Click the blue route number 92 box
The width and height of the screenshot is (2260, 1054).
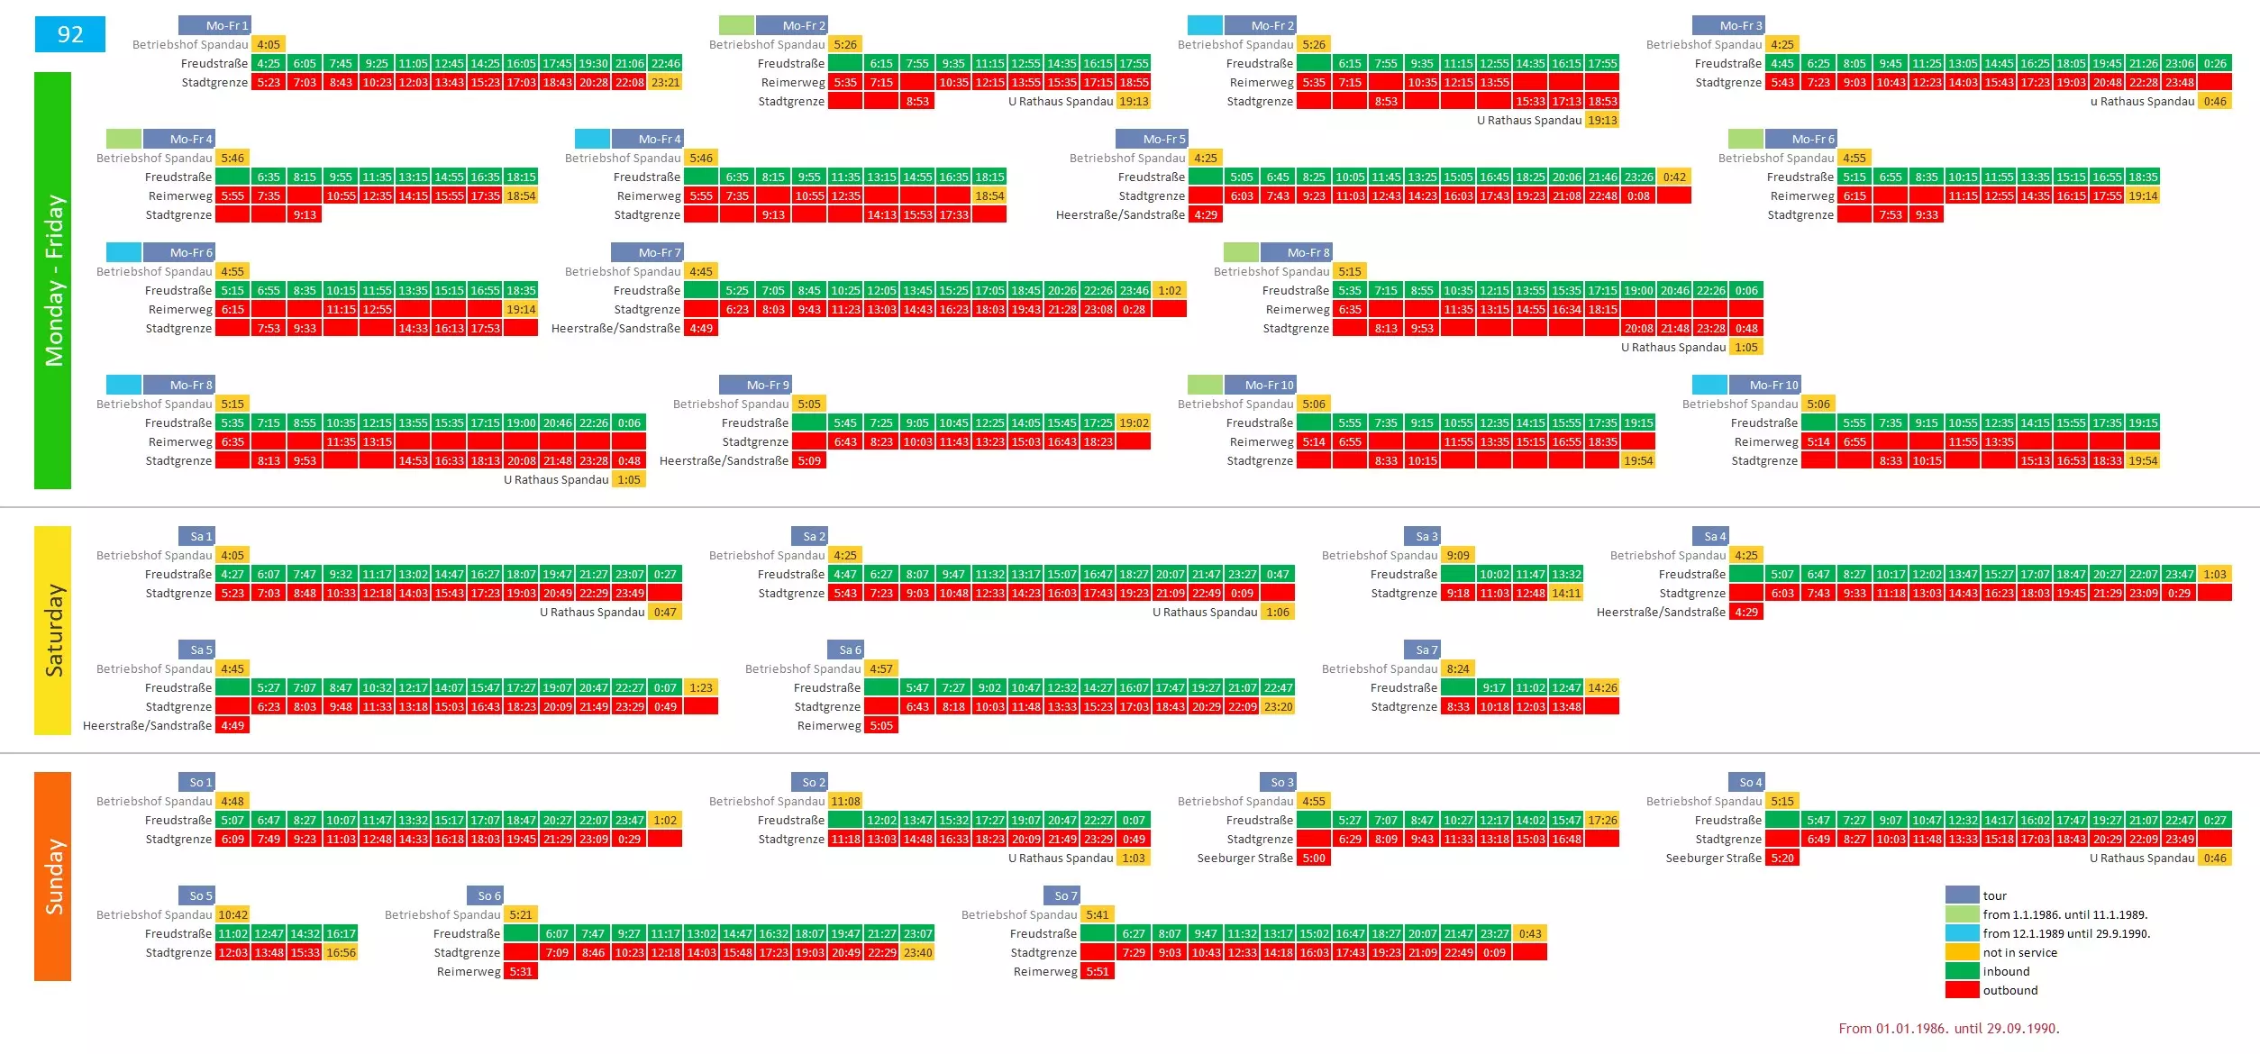point(69,34)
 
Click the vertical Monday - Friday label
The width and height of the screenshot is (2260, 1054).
point(53,280)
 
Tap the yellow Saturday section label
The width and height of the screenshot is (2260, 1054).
point(53,631)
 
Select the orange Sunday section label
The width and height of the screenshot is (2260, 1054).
point(53,876)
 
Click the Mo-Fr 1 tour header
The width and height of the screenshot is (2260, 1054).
point(214,25)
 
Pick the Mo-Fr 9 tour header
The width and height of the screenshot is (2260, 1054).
point(755,385)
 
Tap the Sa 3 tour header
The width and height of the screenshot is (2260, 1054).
point(1422,536)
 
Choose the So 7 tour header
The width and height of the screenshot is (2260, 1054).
point(1062,895)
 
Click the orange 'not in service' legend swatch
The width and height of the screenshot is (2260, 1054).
point(1962,952)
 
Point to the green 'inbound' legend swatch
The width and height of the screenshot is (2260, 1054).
point(1962,971)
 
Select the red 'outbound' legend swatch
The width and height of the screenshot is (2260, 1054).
point(1962,990)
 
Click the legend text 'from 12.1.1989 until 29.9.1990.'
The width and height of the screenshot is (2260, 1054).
point(2066,933)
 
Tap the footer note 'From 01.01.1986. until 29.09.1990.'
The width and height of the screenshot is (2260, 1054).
point(1949,1028)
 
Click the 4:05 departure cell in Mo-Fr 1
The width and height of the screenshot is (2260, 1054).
point(269,44)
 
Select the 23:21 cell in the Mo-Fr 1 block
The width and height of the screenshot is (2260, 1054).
point(665,82)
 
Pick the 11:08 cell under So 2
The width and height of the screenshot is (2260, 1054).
point(845,801)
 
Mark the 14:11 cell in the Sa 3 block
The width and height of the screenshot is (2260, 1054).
point(1566,593)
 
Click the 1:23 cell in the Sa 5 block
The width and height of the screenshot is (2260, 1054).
point(701,687)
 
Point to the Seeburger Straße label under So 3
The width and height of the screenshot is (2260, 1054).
point(1244,858)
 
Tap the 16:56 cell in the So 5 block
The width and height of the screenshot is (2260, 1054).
point(341,952)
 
